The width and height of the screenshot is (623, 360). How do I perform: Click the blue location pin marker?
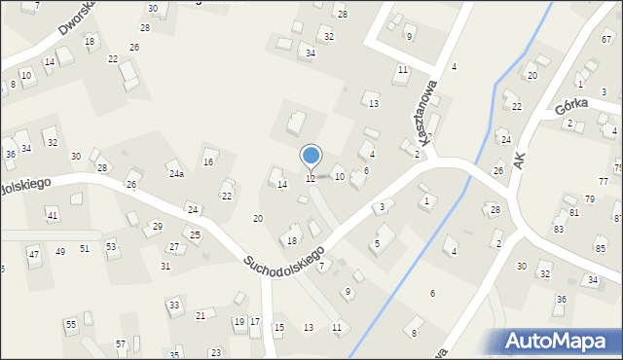point(311,157)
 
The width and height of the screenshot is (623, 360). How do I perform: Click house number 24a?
point(176,174)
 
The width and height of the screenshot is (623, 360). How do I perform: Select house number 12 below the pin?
point(311,178)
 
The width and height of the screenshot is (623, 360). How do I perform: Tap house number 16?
point(208,162)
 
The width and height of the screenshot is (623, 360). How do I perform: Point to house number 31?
point(165,266)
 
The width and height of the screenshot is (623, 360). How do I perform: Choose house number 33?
point(174,306)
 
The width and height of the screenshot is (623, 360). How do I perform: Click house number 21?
point(201,315)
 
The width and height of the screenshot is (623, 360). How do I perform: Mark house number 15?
point(279,327)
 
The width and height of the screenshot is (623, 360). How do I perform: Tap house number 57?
point(121,343)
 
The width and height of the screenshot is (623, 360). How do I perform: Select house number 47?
point(33,254)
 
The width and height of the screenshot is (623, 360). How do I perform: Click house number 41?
point(53,215)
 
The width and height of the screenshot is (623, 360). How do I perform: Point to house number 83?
point(559,229)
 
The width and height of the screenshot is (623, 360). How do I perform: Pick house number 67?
point(606,39)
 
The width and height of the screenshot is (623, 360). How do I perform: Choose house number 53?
point(111,246)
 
